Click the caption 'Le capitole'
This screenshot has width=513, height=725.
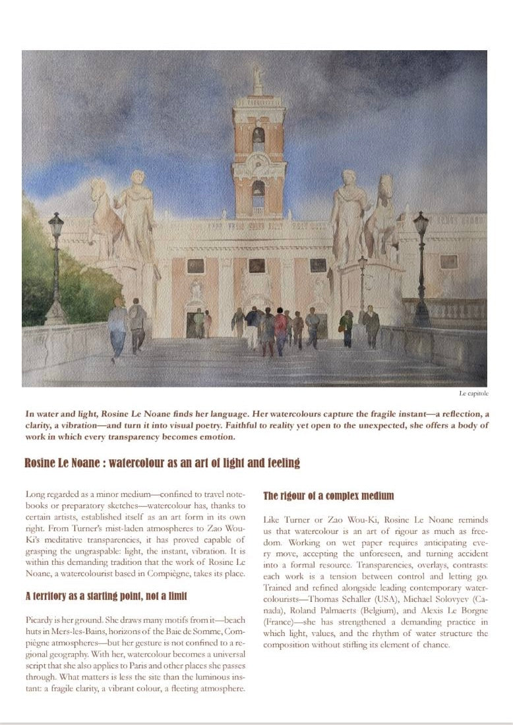tap(473, 393)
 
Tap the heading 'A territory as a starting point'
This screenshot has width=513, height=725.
tap(106, 596)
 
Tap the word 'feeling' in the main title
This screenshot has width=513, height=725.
tap(280, 463)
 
